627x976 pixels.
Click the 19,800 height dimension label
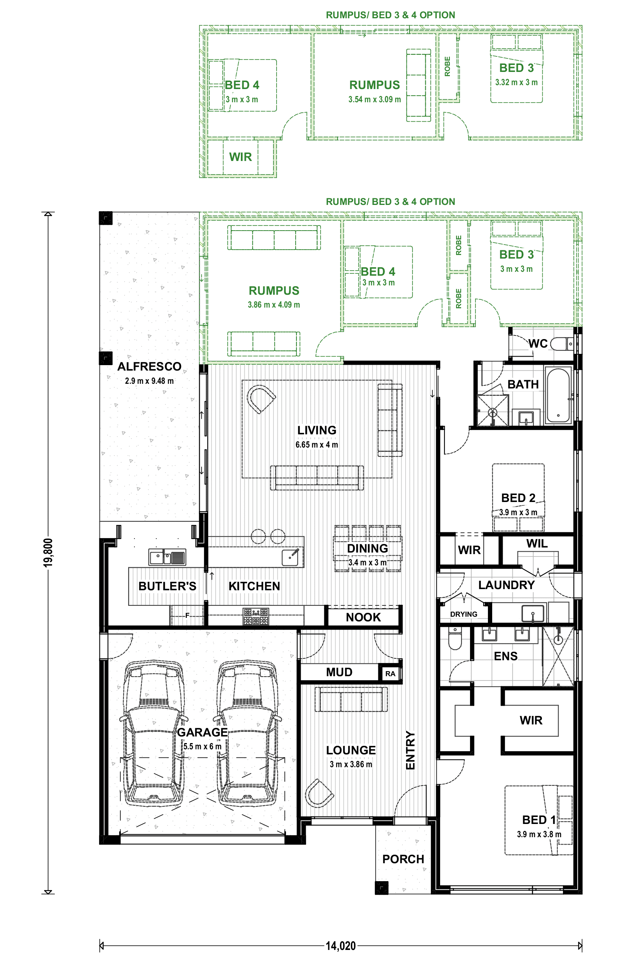point(48,553)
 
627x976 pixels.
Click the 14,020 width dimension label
point(341,946)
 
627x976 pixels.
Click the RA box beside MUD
point(390,673)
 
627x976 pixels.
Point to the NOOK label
point(363,617)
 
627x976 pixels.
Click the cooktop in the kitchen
point(256,617)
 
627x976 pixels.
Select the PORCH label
point(403,859)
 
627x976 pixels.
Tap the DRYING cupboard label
point(463,614)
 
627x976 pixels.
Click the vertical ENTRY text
point(410,750)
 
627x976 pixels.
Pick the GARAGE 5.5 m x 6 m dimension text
point(202,747)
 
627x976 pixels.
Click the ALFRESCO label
point(150,367)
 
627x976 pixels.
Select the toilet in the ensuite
point(455,638)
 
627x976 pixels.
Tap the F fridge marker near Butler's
point(187,616)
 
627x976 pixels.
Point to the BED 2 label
point(518,498)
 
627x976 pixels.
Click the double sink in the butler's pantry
point(167,557)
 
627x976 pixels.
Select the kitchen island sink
point(291,558)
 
